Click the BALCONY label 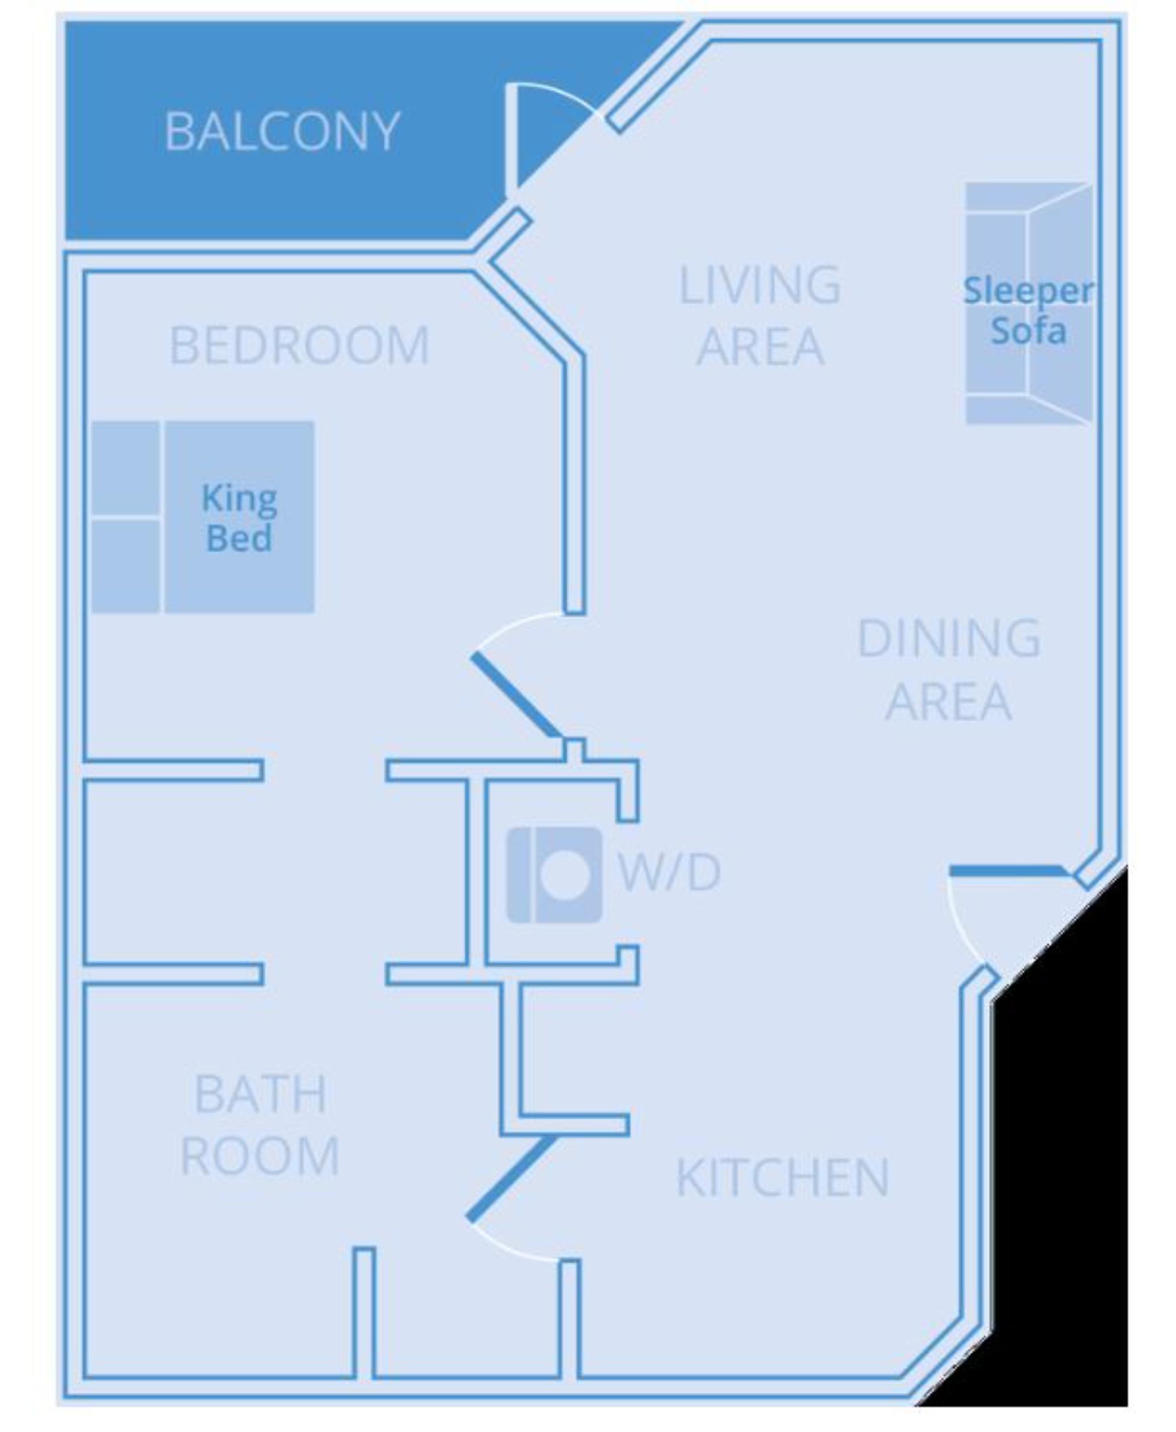coord(282,131)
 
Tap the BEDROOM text coord(299,345)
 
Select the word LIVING coord(759,285)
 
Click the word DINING coord(948,638)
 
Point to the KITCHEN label coord(783,1178)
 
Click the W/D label coord(669,872)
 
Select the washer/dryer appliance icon coord(554,875)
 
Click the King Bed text coord(239,518)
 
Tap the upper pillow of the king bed coord(126,468)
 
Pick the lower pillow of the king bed coord(126,566)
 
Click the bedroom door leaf coord(515,695)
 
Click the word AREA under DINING coord(948,701)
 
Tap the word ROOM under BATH coord(260,1156)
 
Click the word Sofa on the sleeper coord(1028,331)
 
